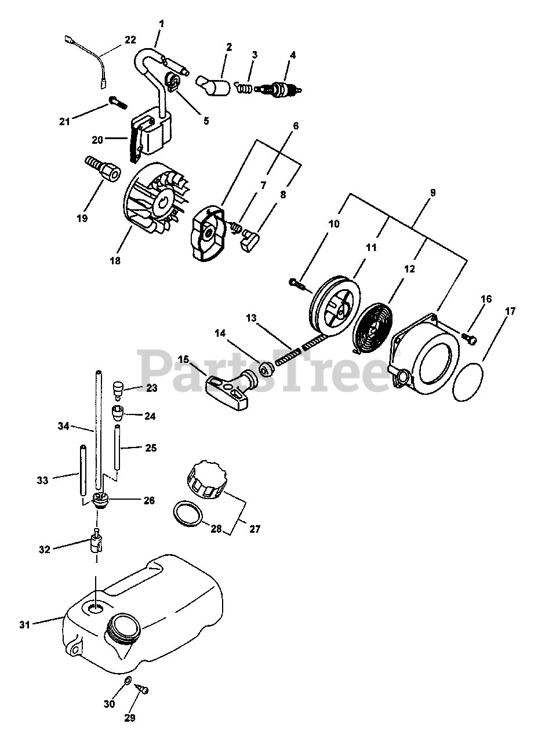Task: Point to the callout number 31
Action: pos(24,624)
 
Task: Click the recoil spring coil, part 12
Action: pos(375,329)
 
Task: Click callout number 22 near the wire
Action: pos(130,40)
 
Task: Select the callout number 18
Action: pos(115,261)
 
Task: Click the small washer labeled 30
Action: pos(128,680)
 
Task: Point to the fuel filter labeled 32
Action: pos(96,543)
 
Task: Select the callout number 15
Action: pos(183,360)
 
